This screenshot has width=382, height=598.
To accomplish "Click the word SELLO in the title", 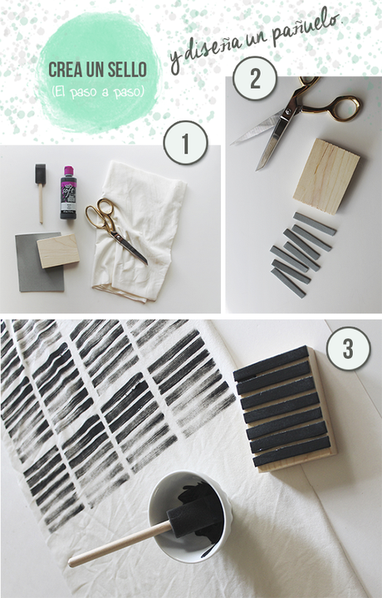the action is tap(127, 70).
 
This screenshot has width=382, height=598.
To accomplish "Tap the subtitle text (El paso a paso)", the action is tap(98, 92).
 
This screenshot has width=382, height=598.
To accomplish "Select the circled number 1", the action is tap(186, 143).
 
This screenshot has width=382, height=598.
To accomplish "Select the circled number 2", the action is tap(255, 79).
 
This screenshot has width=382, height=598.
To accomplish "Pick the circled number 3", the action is tap(348, 349).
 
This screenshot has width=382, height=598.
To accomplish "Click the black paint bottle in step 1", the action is tap(68, 192).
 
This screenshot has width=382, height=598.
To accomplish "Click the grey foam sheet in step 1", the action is tap(38, 263).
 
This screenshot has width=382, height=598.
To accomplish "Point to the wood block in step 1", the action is tap(58, 251).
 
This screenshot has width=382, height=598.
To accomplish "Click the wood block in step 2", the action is tap(326, 176).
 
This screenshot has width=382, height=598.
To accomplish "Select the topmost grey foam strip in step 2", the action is tap(315, 224).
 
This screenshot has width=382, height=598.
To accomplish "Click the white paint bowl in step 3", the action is tap(190, 517).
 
